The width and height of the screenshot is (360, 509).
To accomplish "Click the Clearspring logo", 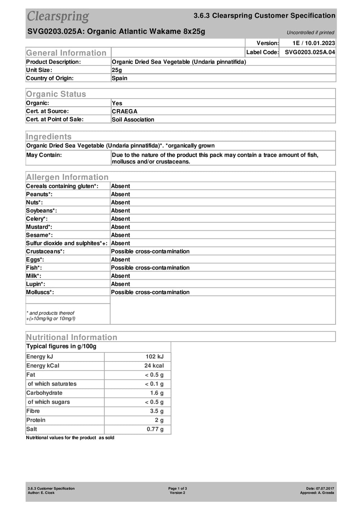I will tap(58, 17).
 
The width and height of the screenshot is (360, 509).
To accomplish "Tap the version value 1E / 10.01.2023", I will tap(314, 43).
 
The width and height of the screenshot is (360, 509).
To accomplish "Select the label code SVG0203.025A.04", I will tap(310, 52).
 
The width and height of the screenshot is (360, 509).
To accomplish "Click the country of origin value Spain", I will tap(120, 78).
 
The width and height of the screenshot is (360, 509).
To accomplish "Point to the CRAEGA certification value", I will tap(125, 112).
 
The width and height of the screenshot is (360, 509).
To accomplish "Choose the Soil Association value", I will tap(133, 120).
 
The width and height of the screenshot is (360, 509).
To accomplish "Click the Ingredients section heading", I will tap(49, 137).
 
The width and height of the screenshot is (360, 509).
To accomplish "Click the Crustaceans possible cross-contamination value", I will tap(150, 251).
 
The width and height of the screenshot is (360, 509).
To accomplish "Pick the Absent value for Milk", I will tap(121, 276).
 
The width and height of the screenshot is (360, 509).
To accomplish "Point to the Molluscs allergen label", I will tap(40, 292).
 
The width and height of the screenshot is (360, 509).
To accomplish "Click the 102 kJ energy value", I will tap(154, 357).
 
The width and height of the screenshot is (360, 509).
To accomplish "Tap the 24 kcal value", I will tap(154, 366).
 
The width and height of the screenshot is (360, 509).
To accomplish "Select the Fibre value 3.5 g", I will tap(157, 411).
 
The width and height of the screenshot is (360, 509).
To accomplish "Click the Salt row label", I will tap(32, 429).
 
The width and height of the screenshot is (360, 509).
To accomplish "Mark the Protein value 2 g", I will tap(159, 420).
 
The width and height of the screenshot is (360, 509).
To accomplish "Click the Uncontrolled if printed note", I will tap(310, 33).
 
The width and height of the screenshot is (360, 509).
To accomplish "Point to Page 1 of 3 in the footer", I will tap(177, 488).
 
